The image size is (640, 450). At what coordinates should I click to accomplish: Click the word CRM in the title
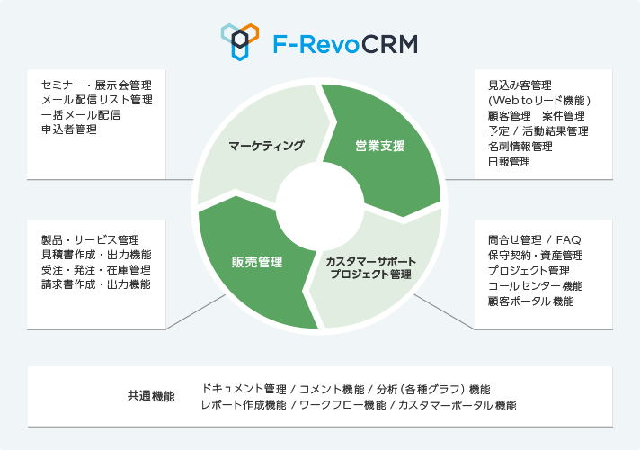pyautogui.click(x=384, y=43)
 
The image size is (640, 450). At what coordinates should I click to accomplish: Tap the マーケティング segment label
pyautogui.click(x=266, y=146)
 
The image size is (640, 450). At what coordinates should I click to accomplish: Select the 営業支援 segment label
pyautogui.click(x=379, y=146)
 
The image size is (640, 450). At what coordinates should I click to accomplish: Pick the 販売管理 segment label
pyautogui.click(x=257, y=262)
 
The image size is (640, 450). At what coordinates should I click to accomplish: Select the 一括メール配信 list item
pyautogui.click(x=81, y=115)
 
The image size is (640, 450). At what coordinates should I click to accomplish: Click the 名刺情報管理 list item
pyautogui.click(x=520, y=146)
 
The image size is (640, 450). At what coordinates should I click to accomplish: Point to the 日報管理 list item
pyautogui.click(x=509, y=161)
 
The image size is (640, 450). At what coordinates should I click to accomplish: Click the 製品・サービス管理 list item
pyautogui.click(x=90, y=239)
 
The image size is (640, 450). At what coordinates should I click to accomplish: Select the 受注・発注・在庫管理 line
pyautogui.click(x=96, y=269)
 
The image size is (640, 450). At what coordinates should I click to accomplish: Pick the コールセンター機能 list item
pyautogui.click(x=535, y=285)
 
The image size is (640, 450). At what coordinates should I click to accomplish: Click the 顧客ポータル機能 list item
pyautogui.click(x=530, y=301)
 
